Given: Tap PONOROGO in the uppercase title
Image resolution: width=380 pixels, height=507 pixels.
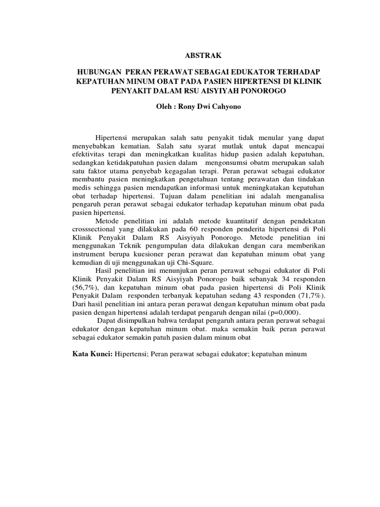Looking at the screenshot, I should [267, 91].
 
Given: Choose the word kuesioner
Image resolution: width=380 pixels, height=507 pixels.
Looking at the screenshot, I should [139, 252].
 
